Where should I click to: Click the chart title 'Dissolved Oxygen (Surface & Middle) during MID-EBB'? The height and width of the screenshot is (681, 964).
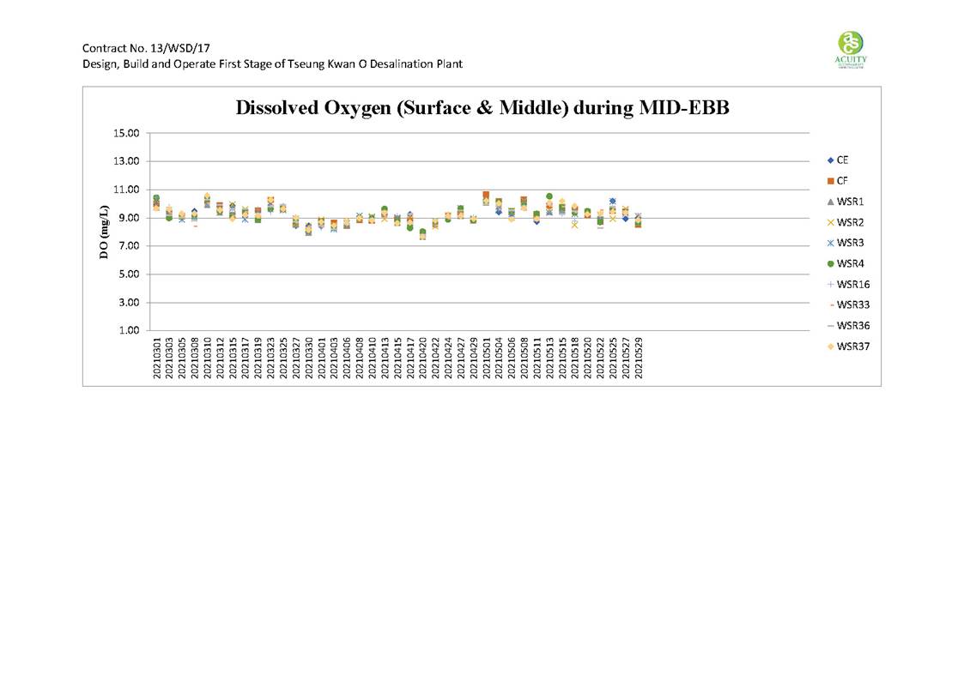pyautogui.click(x=482, y=109)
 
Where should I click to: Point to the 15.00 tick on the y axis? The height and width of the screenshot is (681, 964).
pyautogui.click(x=124, y=133)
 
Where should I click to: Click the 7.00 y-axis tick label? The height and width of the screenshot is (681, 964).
pyautogui.click(x=126, y=246)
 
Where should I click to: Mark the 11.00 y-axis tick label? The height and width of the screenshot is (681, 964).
pyautogui.click(x=124, y=190)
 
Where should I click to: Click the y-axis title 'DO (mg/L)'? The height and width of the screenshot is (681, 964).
pyautogui.click(x=104, y=232)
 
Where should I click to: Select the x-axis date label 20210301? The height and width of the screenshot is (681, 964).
pyautogui.click(x=157, y=357)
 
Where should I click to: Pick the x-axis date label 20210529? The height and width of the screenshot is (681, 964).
pyautogui.click(x=639, y=357)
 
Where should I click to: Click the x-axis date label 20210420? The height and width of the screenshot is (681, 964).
pyautogui.click(x=423, y=357)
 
